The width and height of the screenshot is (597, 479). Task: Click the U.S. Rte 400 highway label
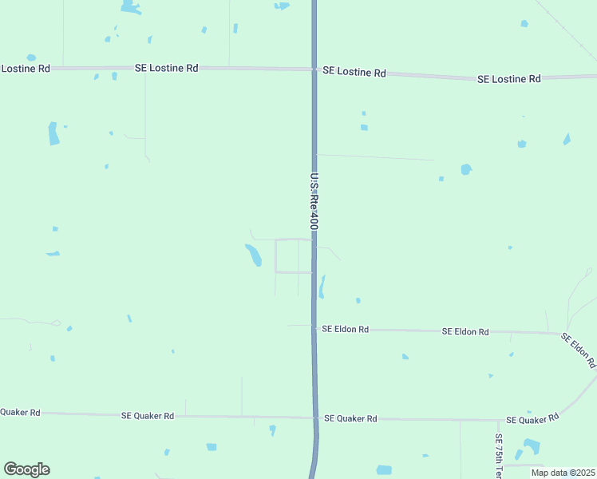pyautogui.click(x=314, y=202)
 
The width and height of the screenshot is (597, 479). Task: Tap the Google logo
pyautogui.click(x=26, y=469)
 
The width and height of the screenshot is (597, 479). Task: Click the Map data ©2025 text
pyautogui.click(x=563, y=473)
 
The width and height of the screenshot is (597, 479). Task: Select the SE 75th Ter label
pyautogui.click(x=498, y=456)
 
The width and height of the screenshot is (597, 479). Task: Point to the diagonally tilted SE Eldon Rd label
pyautogui.click(x=579, y=350)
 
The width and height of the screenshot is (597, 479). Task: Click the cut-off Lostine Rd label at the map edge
pyautogui.click(x=26, y=69)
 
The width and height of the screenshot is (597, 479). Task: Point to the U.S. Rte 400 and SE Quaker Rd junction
pyautogui.click(x=314, y=418)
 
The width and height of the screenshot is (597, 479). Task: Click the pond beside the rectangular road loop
pyautogui.click(x=253, y=255)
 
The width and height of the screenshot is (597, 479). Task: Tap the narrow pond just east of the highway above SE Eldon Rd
pyautogui.click(x=322, y=287)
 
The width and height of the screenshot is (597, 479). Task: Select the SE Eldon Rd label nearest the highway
pyautogui.click(x=345, y=329)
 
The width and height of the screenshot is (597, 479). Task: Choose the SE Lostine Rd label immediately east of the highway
pyautogui.click(x=354, y=72)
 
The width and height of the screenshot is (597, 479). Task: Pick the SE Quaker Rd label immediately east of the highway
pyautogui.click(x=350, y=418)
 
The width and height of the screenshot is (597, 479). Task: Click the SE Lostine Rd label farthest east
pyautogui.click(x=509, y=79)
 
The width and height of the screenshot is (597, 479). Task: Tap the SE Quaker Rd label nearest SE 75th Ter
pyautogui.click(x=532, y=420)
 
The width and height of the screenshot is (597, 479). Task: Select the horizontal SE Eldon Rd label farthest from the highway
pyautogui.click(x=465, y=331)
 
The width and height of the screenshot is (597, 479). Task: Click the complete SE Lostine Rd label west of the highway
pyautogui.click(x=166, y=69)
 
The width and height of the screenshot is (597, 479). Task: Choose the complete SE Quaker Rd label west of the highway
pyautogui.click(x=148, y=416)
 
